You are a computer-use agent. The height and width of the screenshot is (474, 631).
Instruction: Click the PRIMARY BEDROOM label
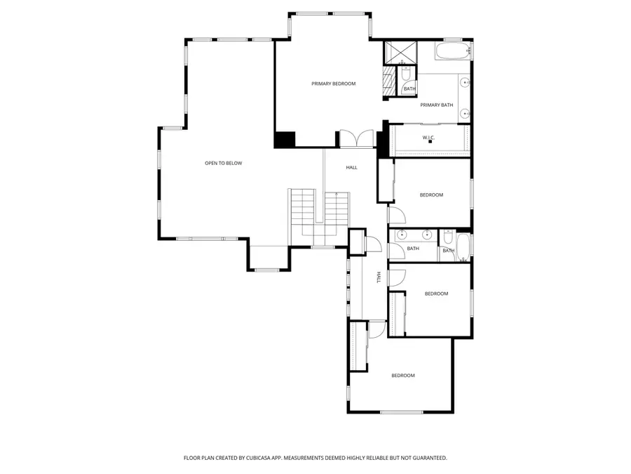333,84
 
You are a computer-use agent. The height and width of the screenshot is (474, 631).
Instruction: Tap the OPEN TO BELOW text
223,164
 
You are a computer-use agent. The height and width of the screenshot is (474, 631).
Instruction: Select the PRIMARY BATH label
436,105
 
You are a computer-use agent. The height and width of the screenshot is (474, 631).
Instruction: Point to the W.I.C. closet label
429,137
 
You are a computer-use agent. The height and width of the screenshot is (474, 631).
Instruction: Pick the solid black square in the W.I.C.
430,142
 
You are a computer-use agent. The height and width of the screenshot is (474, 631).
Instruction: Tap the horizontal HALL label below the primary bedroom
351,168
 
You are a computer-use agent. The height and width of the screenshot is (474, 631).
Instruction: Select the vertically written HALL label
379,277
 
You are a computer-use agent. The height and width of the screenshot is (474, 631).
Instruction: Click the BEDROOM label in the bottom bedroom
402,376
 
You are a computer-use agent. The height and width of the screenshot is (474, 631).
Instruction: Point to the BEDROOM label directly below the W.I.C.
431,195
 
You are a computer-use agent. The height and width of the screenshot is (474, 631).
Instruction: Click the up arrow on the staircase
337,195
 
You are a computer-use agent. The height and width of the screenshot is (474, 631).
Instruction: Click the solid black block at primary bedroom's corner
284,139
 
